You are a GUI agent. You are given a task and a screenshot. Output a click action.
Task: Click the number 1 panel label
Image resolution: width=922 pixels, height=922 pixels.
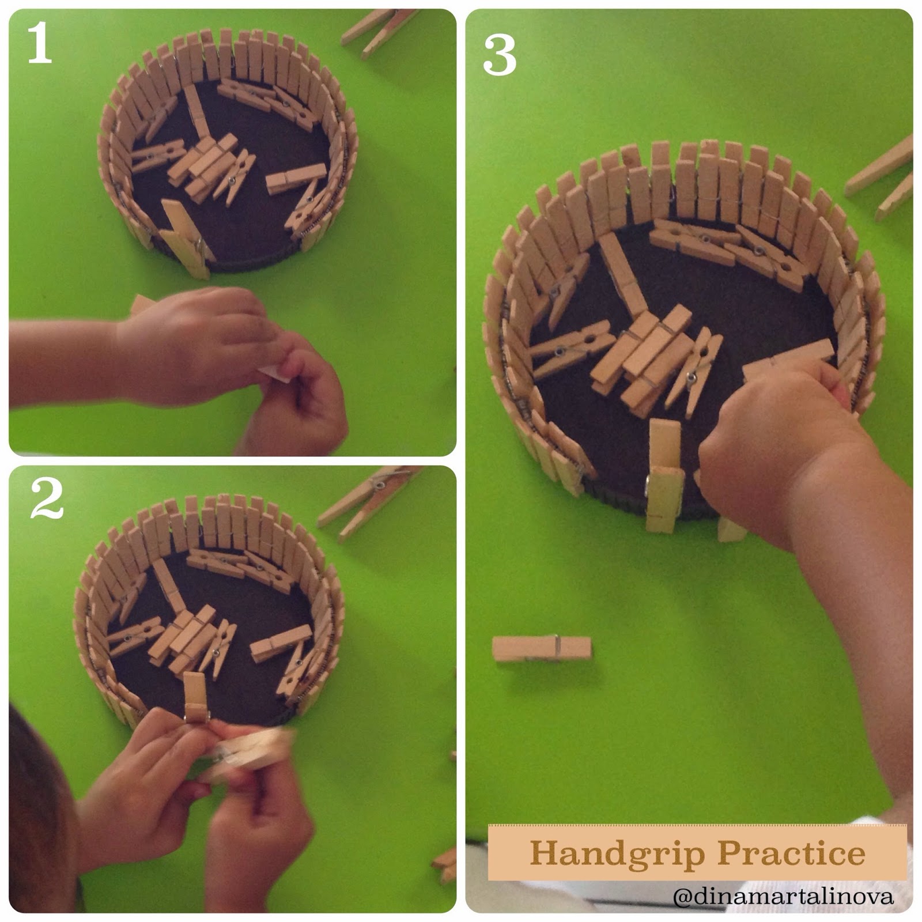pyautogui.click(x=39, y=44)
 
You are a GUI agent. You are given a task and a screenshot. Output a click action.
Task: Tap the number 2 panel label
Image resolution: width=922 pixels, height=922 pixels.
pyautogui.click(x=47, y=498)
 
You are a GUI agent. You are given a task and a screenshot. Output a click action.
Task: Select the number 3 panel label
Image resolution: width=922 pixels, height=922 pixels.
pyautogui.click(x=499, y=55)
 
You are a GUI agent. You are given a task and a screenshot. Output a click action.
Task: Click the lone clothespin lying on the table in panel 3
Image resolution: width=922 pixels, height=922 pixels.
pyautogui.click(x=542, y=648)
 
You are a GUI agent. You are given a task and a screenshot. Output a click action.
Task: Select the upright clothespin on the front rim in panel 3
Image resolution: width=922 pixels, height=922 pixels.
pyautogui.click(x=665, y=476)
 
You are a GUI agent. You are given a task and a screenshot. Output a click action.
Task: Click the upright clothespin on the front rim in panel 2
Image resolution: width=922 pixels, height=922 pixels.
pyautogui.click(x=195, y=697)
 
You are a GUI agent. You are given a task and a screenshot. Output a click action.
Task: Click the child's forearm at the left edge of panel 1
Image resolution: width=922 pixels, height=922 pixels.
pyautogui.click(x=63, y=363)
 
